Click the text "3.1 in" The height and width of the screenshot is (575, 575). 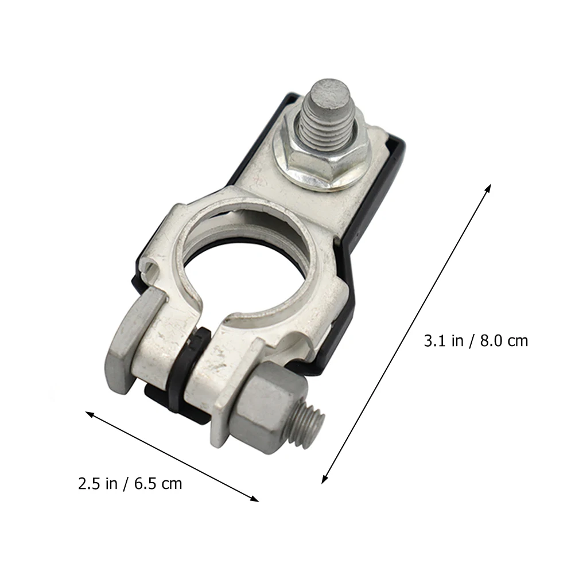(x=443, y=341)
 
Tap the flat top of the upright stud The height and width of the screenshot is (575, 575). (x=331, y=92)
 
